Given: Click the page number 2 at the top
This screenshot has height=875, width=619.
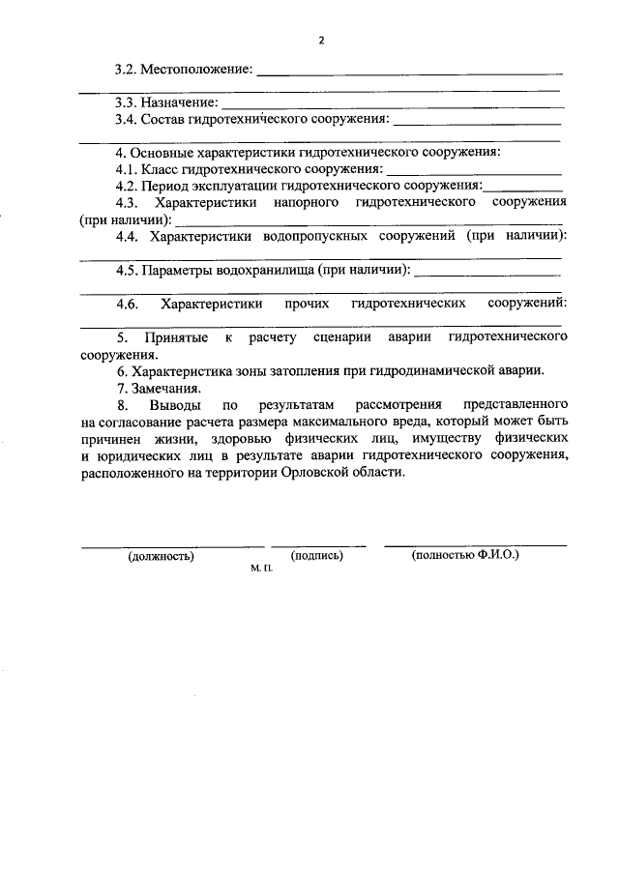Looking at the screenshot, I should tap(321, 42).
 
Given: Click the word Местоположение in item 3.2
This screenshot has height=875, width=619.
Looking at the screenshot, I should tap(195, 70).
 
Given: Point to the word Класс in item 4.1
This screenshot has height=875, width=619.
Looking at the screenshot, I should tap(161, 169).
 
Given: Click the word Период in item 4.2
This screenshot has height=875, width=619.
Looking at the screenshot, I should tap(165, 186).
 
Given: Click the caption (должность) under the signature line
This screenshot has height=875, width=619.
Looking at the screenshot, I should tap(161, 556).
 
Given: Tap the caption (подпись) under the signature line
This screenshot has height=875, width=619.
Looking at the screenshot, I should tap(317, 555).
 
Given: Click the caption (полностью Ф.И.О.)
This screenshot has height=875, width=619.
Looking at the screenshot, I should tap(465, 555).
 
